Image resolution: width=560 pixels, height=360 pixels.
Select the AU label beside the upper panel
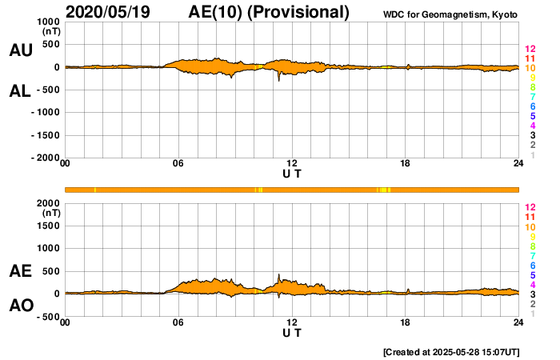(x=20, y=50)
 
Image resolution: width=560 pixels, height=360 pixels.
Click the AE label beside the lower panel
(x=20, y=272)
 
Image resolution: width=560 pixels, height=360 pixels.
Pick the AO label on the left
(x=20, y=306)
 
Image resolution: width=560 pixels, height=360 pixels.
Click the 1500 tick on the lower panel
(x=48, y=226)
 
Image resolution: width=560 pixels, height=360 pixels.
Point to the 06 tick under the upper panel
(x=178, y=164)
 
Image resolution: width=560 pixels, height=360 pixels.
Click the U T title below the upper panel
(x=292, y=174)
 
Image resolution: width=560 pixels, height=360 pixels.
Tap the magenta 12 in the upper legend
(x=529, y=50)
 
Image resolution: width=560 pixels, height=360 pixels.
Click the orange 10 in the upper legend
(x=529, y=69)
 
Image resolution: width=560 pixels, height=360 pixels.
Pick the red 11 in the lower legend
(x=529, y=217)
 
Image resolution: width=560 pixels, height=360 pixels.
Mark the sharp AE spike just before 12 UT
(x=279, y=276)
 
